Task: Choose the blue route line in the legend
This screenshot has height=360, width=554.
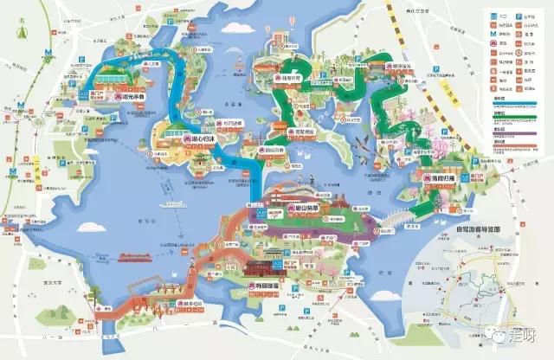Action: (515, 106)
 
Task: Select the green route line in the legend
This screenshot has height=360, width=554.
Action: (515, 120)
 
